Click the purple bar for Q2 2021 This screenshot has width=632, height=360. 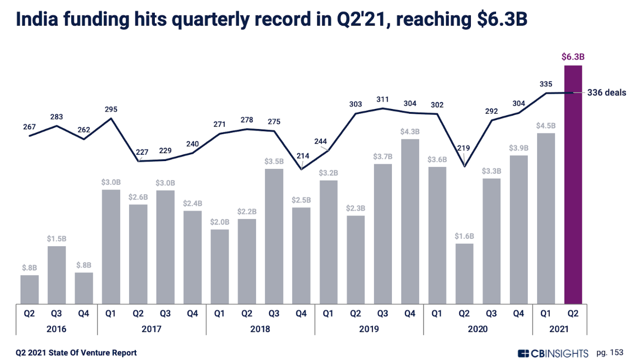[x=573, y=184]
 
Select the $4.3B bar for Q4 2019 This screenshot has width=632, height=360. [x=410, y=221]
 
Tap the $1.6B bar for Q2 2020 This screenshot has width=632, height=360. [x=465, y=273]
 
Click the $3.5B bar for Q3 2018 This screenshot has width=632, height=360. [x=274, y=236]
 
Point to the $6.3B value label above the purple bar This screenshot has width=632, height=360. [x=573, y=56]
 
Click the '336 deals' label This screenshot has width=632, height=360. [x=606, y=93]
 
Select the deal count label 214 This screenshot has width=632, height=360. [x=302, y=156]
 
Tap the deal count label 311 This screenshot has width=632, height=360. [x=383, y=99]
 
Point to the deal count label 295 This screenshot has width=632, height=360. [x=111, y=109]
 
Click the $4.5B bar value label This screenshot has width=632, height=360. [x=546, y=126]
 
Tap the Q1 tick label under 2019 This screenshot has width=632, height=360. [x=329, y=314]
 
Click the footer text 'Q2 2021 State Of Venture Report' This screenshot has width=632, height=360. [x=76, y=353]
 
